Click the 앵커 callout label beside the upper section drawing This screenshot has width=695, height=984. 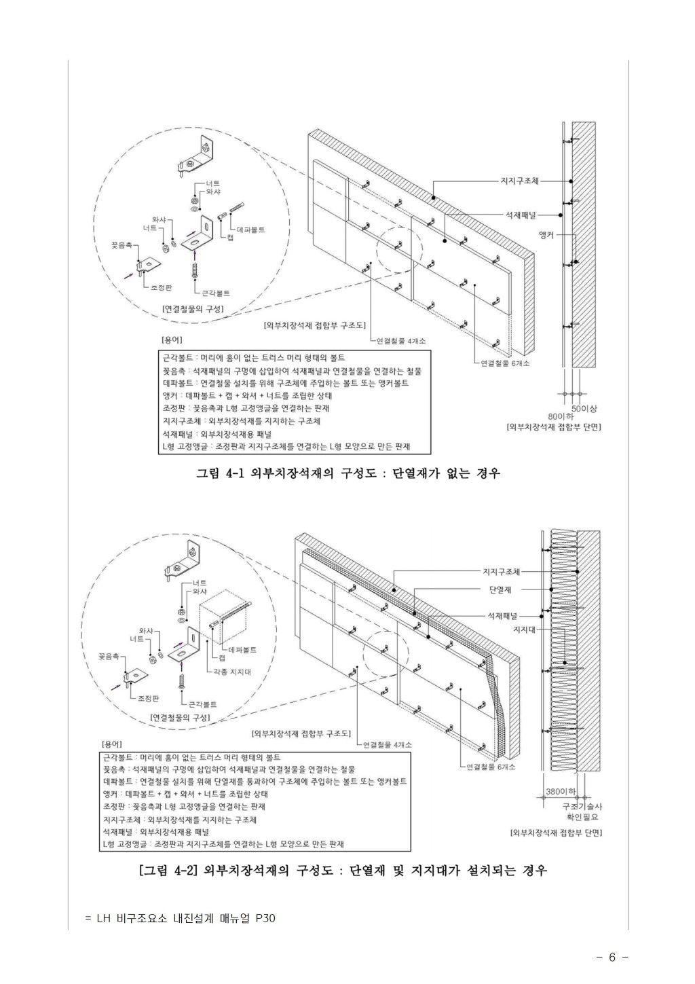coord(546,235)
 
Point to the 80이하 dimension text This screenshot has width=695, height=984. coord(561,416)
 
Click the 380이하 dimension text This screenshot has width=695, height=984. coord(561,791)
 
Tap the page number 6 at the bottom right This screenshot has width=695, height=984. coord(612,958)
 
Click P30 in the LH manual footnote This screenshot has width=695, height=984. coord(265,919)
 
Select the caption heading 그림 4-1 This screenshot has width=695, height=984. coord(219,473)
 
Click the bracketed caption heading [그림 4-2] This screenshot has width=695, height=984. coord(168,870)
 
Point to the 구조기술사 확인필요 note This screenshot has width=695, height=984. coord(582,811)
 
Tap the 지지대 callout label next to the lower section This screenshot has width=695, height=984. coord(525,629)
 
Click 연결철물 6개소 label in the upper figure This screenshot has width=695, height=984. coord(505,363)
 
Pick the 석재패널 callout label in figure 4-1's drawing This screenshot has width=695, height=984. coord(519,215)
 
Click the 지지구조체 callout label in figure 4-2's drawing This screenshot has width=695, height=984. coord(501,572)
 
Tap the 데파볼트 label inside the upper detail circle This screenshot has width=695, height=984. coord(250,230)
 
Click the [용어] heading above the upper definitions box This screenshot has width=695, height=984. coord(171,339)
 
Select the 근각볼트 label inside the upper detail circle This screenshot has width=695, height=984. coord(216,293)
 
